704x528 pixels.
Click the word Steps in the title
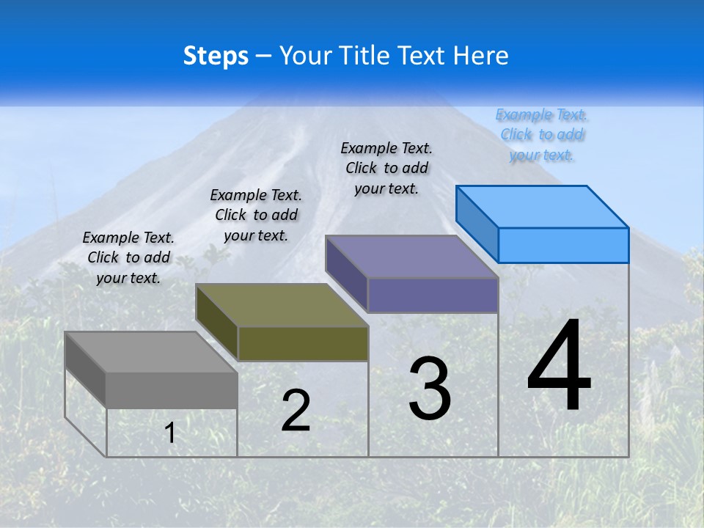click(x=216, y=56)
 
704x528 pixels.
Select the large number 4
click(x=559, y=367)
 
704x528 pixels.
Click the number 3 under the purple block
click(x=430, y=389)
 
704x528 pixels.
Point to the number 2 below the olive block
click(x=296, y=411)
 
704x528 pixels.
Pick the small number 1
click(x=170, y=433)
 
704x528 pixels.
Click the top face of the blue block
click(x=542, y=207)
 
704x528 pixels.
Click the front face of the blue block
click(x=563, y=245)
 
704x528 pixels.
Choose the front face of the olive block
click(x=303, y=343)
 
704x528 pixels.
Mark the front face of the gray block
click(x=172, y=390)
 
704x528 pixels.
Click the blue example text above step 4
click(x=542, y=135)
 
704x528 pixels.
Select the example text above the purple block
click(x=386, y=168)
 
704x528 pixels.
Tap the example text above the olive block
click(x=256, y=215)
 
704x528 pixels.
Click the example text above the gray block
click(x=128, y=257)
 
